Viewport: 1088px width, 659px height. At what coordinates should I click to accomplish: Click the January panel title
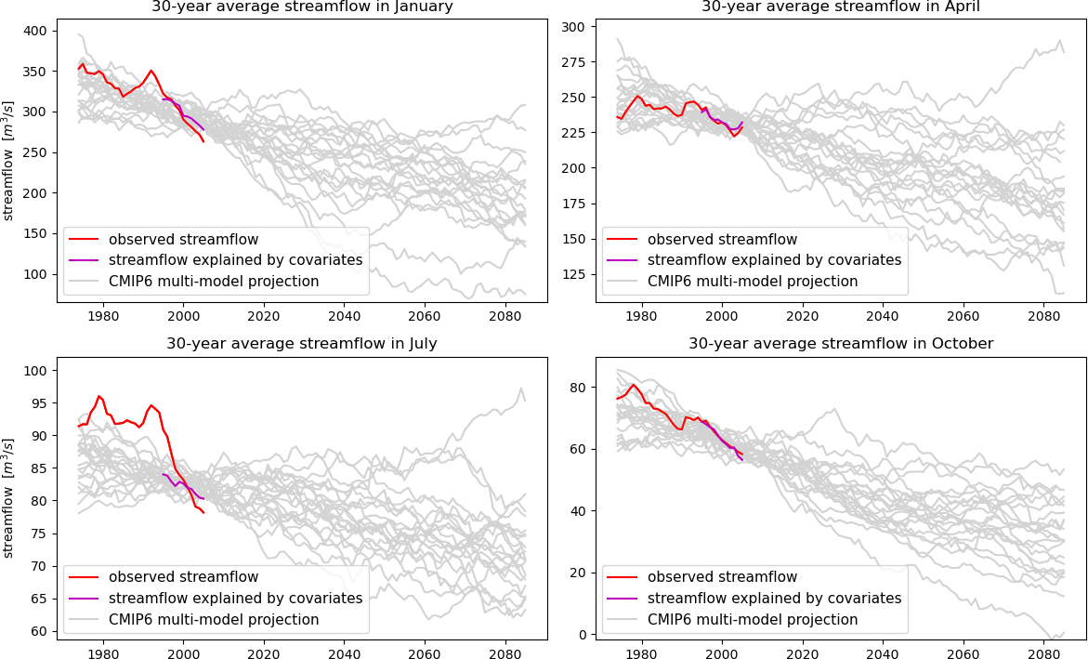301,7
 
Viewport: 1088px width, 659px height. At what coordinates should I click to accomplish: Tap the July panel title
301,343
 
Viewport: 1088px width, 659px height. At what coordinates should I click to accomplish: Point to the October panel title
840,343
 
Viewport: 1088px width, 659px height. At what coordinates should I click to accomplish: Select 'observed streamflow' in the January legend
183,239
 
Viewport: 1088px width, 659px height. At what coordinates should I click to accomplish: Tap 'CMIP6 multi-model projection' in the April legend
752,281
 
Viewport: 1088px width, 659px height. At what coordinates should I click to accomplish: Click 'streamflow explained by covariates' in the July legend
235,598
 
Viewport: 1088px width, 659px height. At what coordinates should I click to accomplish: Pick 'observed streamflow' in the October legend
722,576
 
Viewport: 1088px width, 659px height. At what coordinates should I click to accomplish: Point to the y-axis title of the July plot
9,497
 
